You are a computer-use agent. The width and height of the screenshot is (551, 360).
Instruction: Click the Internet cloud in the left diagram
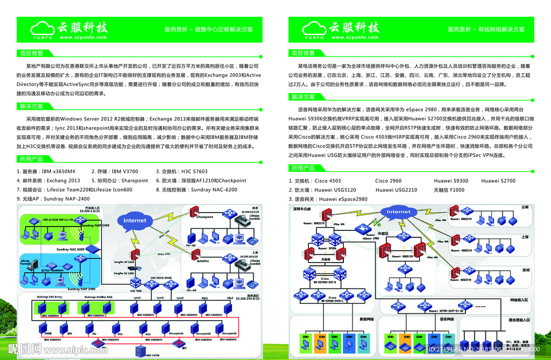[135, 221]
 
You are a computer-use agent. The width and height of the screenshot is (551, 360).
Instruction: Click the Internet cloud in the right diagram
[398, 212]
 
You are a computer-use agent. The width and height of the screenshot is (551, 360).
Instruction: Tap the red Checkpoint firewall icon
[194, 211]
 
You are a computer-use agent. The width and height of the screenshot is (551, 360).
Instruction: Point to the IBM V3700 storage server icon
[142, 351]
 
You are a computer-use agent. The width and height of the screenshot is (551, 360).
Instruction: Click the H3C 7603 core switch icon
[135, 284]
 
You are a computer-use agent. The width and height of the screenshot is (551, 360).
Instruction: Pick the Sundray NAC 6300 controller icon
[93, 249]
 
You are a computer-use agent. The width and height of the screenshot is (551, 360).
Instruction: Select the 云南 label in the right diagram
[525, 207]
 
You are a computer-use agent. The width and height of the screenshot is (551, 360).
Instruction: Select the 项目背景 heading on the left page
[32, 53]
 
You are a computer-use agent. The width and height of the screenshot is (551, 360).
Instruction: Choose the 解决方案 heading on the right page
[303, 97]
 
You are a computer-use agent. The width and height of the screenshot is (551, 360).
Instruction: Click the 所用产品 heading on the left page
[32, 159]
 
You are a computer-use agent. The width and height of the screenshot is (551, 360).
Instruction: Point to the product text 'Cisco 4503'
[328, 181]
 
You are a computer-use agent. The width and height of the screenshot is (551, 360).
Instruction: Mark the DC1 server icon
[119, 328]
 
